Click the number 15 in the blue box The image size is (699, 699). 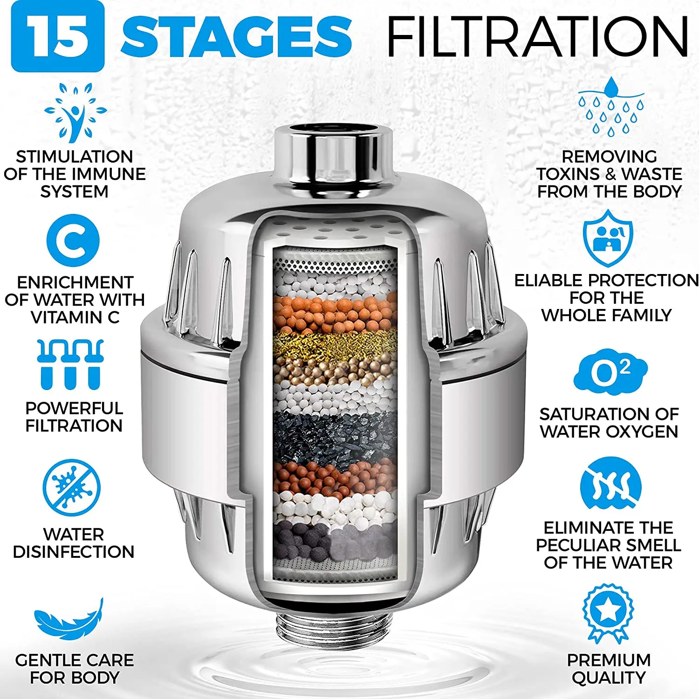pyautogui.click(x=57, y=36)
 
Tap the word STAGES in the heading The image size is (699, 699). pyautogui.click(x=236, y=36)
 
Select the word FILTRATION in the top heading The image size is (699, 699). pyautogui.click(x=537, y=36)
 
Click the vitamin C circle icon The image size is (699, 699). pyautogui.click(x=73, y=240)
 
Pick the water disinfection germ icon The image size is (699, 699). pyautogui.click(x=71, y=487)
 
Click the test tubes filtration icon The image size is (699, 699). pyautogui.click(x=70, y=364)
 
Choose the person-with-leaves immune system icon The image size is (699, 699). pyautogui.click(x=75, y=112)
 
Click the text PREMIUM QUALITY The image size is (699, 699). pyautogui.click(x=609, y=669)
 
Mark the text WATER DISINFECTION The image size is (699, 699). pyautogui.click(x=74, y=543)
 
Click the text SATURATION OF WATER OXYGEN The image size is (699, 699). pyautogui.click(x=609, y=423)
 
